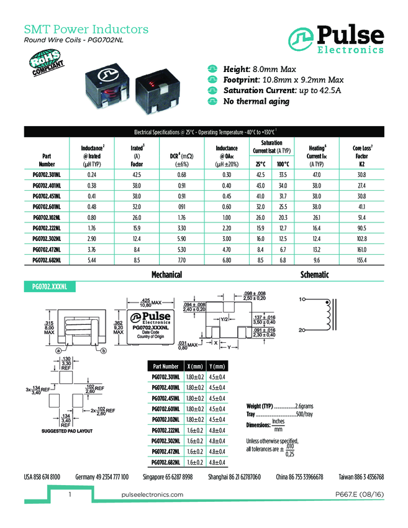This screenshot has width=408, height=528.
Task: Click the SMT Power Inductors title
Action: click(x=86, y=29)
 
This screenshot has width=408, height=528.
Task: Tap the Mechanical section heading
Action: click(x=166, y=275)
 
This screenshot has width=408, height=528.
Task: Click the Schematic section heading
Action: click(x=314, y=275)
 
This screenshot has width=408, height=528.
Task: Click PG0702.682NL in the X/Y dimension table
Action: click(x=166, y=462)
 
